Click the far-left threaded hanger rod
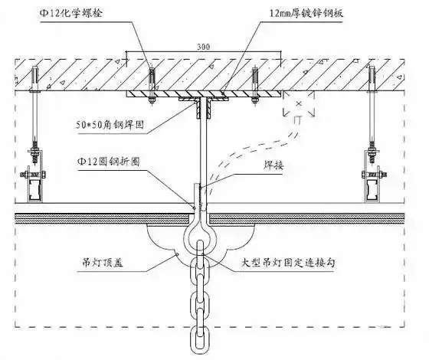tap(34, 115)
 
